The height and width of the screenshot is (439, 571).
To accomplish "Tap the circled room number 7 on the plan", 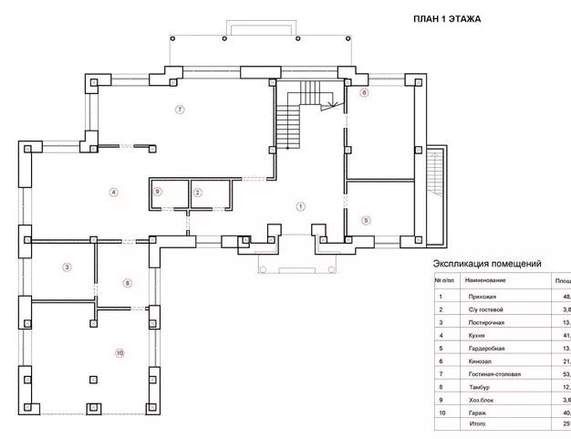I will click(x=181, y=110).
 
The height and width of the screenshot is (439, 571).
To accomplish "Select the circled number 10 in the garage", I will click(x=119, y=352).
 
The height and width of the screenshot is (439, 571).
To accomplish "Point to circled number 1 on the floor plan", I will click(x=300, y=206).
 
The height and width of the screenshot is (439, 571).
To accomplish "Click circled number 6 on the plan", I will click(x=363, y=93).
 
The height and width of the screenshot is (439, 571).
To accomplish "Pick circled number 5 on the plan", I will click(x=366, y=220).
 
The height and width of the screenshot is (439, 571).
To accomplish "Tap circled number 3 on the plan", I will click(x=67, y=267).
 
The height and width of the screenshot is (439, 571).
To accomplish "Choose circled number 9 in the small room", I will click(x=158, y=192).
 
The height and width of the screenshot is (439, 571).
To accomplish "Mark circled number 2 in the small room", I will click(x=197, y=192).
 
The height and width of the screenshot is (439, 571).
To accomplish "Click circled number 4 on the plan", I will click(x=113, y=192).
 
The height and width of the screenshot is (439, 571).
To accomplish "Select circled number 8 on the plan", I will click(x=128, y=283).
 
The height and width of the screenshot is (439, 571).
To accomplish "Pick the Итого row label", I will click(x=476, y=425).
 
